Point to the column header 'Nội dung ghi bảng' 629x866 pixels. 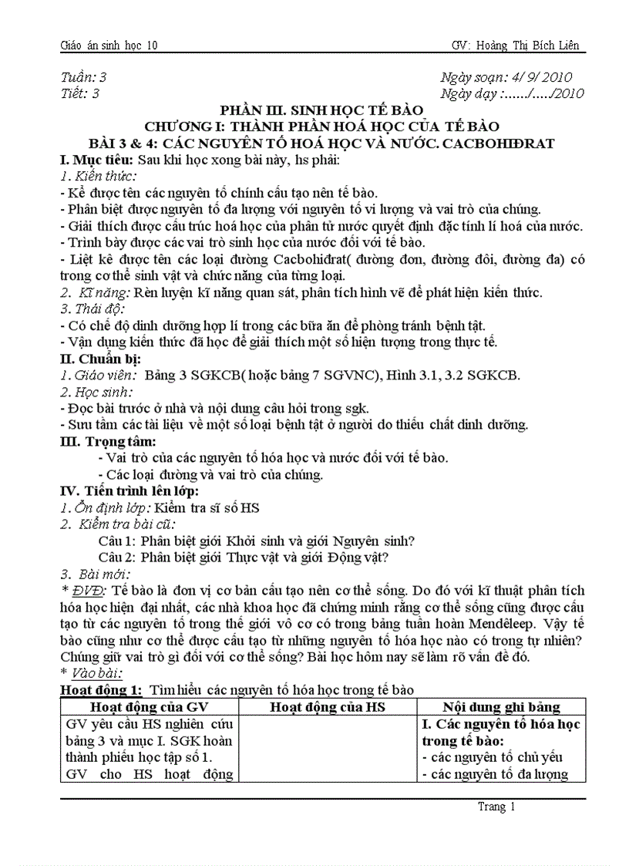tap(501, 707)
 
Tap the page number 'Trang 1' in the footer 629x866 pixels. tap(496, 807)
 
